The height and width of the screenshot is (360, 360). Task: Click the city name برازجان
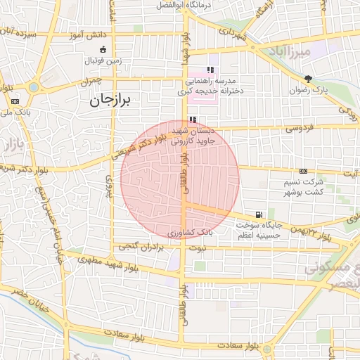[x=110, y=101]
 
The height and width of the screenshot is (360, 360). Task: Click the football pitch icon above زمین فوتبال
[x=104, y=49]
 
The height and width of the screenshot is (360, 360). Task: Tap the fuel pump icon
[x=260, y=214]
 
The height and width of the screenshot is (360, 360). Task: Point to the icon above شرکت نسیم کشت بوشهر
[x=303, y=171]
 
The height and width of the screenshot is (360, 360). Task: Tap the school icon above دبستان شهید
[x=193, y=120]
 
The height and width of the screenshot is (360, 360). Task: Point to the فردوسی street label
[x=298, y=129]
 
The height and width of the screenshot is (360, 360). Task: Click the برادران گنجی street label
[x=138, y=247]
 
